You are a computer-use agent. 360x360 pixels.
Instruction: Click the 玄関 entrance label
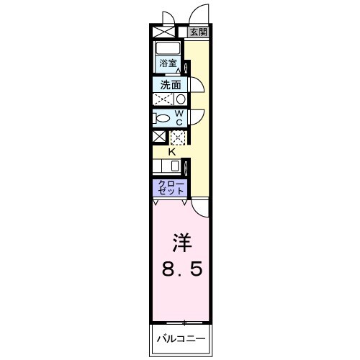click(x=199, y=32)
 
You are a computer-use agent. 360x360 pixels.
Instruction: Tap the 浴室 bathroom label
click(x=168, y=63)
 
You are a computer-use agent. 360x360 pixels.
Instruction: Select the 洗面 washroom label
click(x=170, y=84)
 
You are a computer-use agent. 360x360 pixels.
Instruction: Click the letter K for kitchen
click(x=172, y=152)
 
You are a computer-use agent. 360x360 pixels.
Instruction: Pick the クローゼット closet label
click(x=170, y=188)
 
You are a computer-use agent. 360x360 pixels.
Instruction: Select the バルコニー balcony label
click(x=181, y=338)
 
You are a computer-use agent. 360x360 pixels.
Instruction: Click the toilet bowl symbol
click(x=163, y=119)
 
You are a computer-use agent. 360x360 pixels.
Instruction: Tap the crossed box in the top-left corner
click(x=159, y=32)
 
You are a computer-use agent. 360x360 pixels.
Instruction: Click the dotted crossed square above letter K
click(x=177, y=137)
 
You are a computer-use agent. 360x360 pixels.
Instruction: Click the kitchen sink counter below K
click(x=170, y=166)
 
